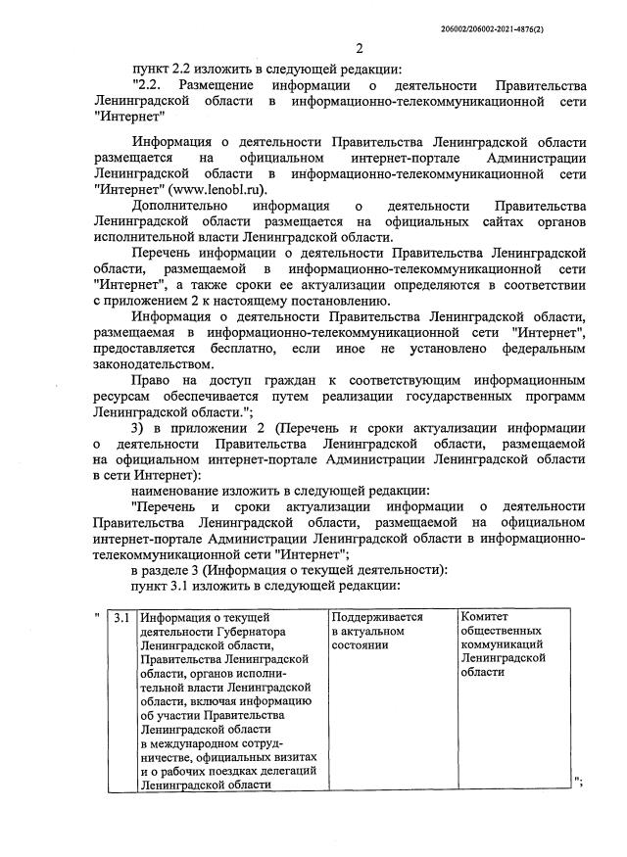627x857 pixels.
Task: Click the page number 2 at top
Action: (x=359, y=49)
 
